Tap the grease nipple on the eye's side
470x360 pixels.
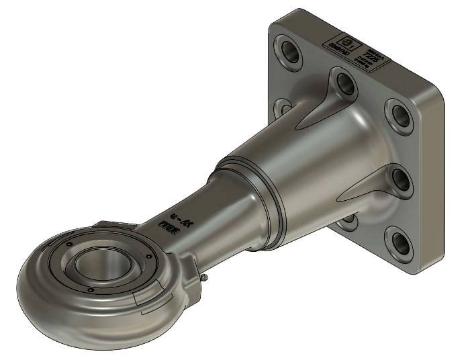[202, 276]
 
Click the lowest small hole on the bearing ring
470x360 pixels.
[91, 289]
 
